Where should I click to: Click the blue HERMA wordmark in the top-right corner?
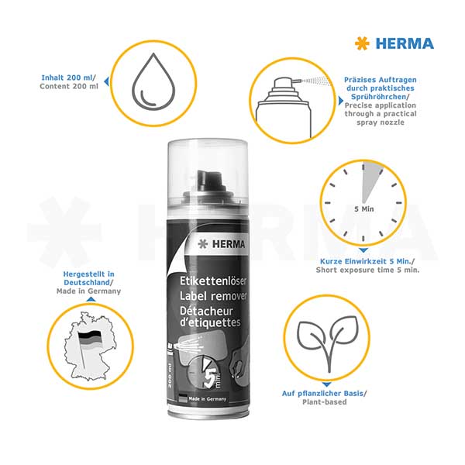(x=404, y=43)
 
